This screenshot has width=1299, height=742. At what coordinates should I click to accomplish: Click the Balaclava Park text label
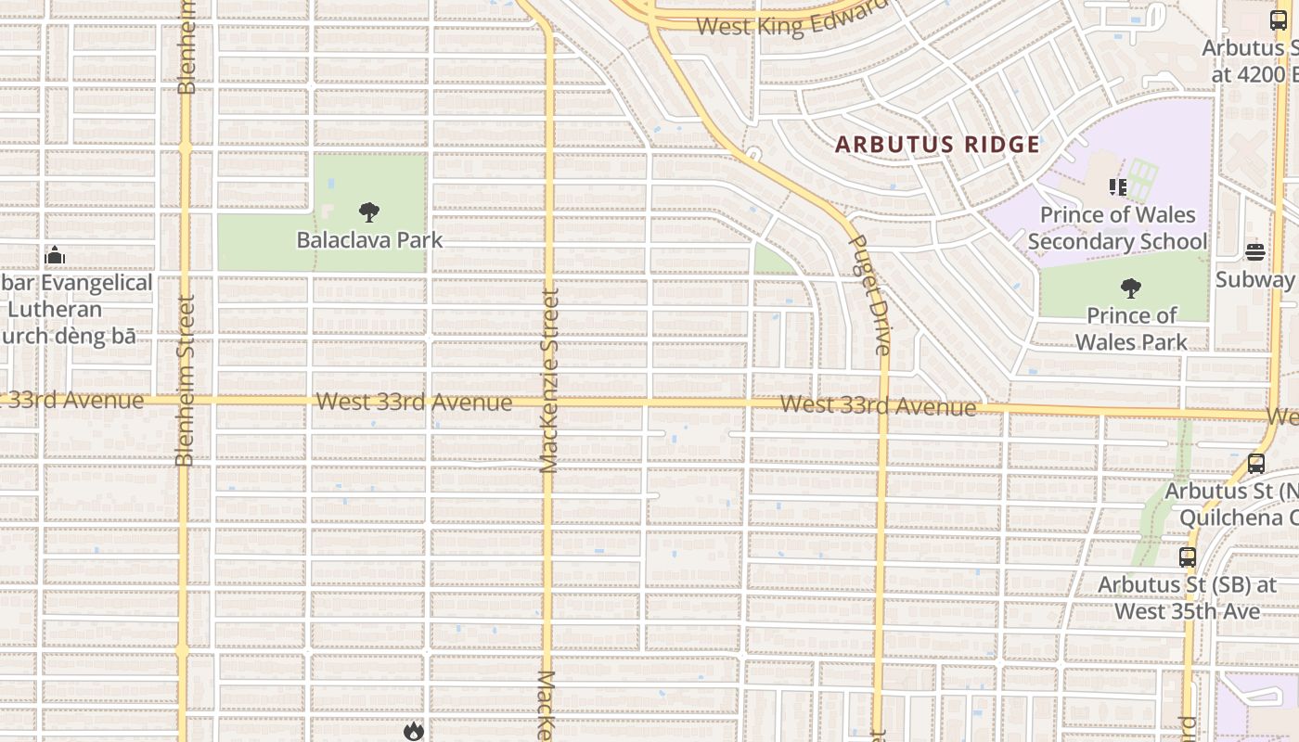(369, 240)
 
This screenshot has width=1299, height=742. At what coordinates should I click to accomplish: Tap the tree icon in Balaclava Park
(369, 212)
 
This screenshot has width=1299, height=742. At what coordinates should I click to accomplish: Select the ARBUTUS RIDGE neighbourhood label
(937, 145)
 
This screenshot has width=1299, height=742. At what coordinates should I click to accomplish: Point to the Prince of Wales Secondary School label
(1117, 228)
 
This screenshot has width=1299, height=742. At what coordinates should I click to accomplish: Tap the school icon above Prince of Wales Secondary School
(1117, 188)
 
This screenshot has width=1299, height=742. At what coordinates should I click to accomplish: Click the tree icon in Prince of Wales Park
(1130, 288)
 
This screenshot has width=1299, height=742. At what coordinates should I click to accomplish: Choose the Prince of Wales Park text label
(1131, 329)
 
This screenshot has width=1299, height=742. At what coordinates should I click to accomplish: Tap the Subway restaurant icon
(1254, 252)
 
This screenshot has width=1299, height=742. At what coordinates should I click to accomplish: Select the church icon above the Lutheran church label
(55, 255)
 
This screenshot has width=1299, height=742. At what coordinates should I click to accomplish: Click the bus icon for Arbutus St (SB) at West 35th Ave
(1187, 557)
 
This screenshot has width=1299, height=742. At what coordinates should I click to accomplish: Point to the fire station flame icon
(413, 732)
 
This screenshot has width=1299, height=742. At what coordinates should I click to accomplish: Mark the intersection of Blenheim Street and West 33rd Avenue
(185, 401)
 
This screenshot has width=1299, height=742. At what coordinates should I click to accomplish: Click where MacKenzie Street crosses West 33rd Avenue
(548, 403)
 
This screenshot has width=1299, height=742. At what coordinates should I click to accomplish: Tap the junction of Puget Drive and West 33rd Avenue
(883, 406)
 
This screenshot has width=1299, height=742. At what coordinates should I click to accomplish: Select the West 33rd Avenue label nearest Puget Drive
(878, 405)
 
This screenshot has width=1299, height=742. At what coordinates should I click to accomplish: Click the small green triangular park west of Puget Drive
(769, 262)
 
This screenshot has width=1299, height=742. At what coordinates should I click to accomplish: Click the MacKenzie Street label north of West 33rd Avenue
(549, 380)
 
